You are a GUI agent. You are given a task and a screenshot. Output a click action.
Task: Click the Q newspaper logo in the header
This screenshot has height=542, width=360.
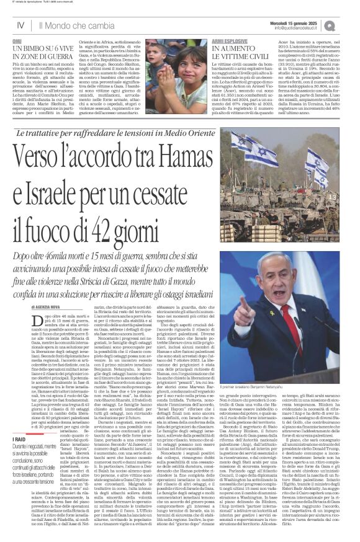pyautogui.click(x=346, y=25)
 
